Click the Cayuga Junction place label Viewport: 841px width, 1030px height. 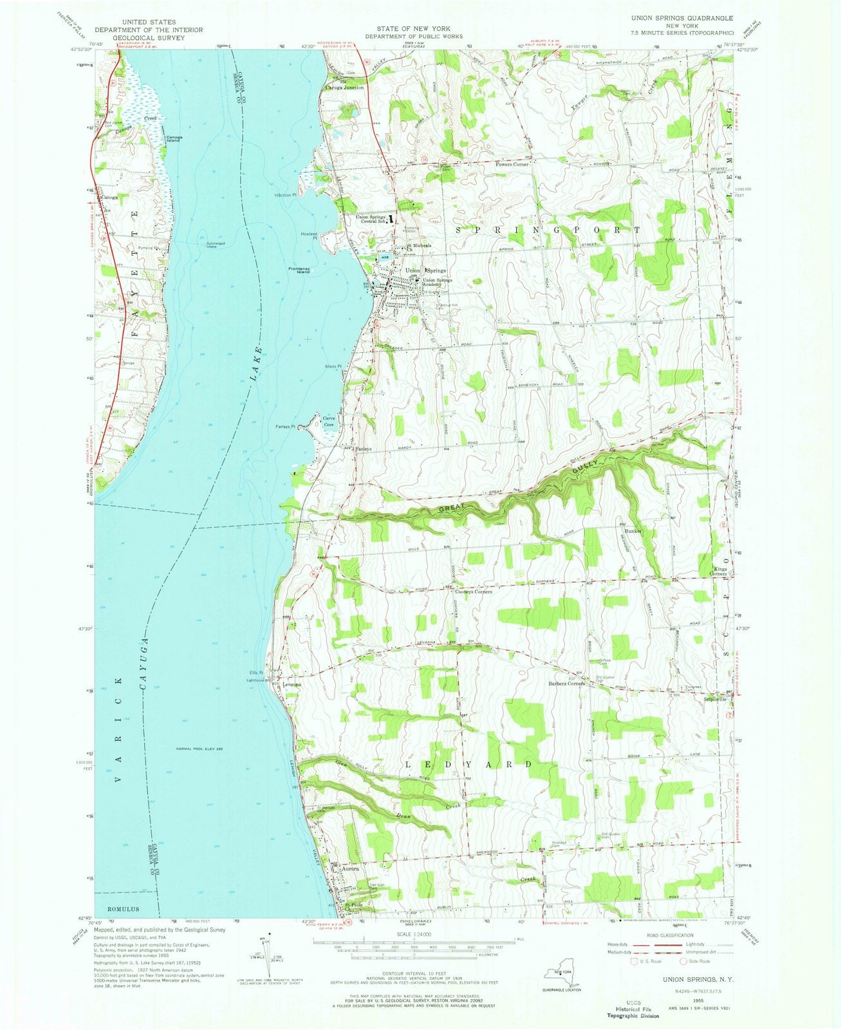click(345, 87)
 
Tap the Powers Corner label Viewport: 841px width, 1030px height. click(512, 165)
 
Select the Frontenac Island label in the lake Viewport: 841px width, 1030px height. click(299, 270)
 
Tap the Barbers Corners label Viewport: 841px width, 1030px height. click(566, 684)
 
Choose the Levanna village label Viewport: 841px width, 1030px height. click(291, 684)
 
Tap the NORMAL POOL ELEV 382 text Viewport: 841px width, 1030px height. click(198, 748)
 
